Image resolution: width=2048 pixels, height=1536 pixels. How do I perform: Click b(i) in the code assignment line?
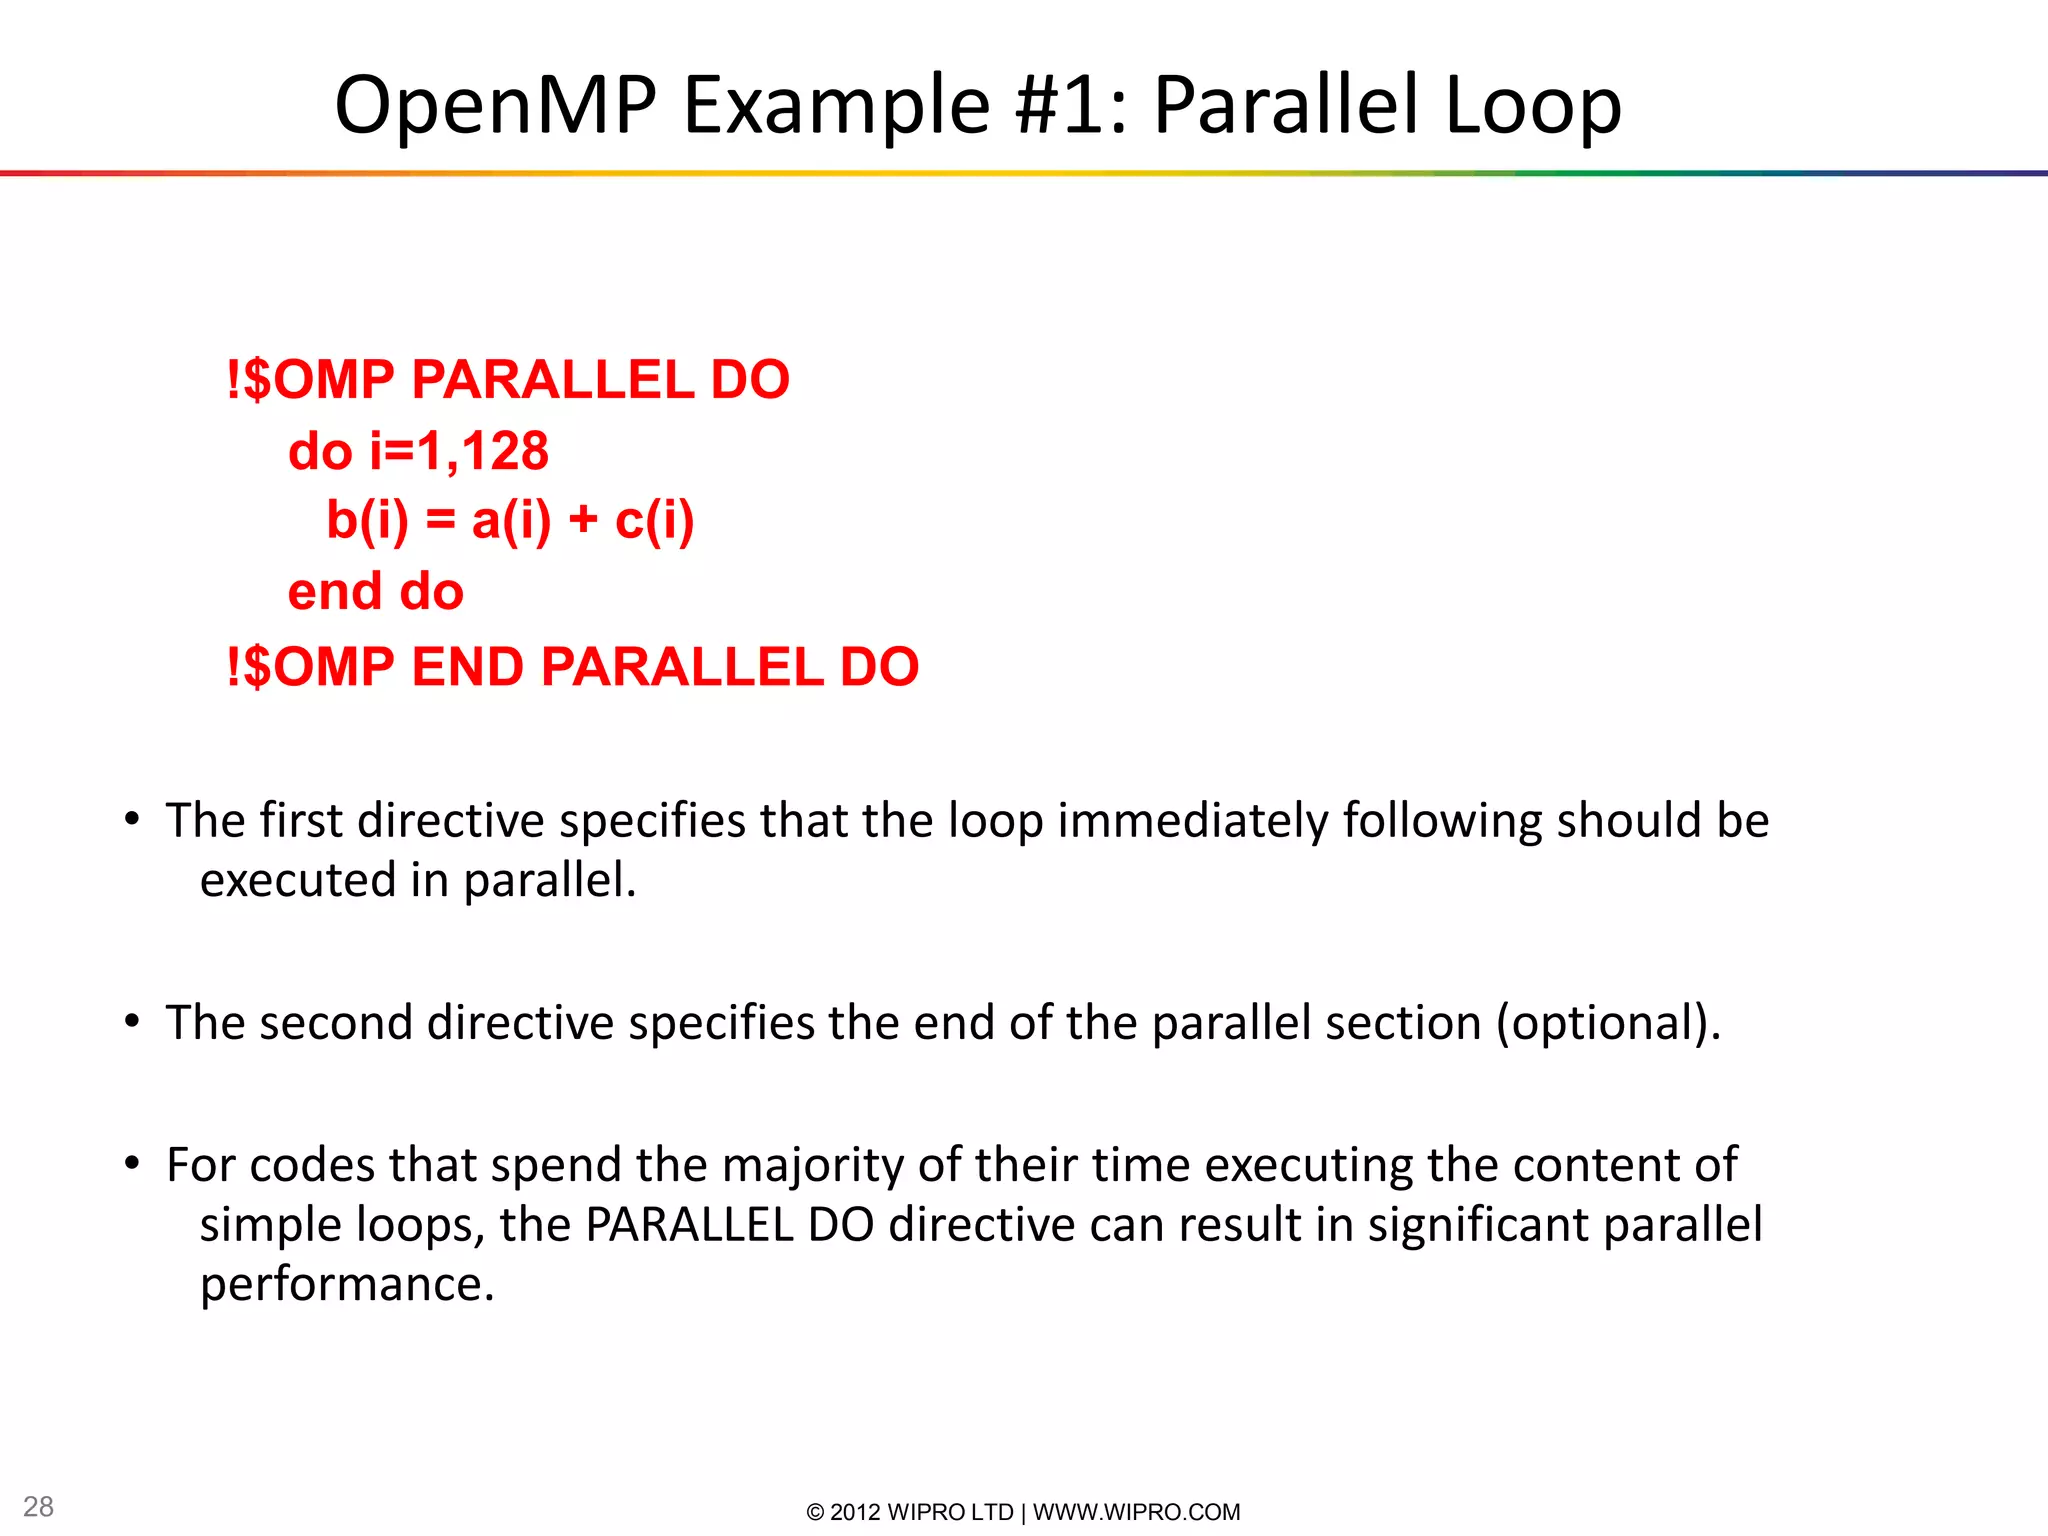[367, 520]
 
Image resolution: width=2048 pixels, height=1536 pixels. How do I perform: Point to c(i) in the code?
[654, 520]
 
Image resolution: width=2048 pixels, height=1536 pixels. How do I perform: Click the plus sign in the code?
[583, 521]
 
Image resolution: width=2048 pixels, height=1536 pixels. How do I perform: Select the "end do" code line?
[375, 591]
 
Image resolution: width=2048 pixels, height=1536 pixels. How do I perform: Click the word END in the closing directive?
[467, 667]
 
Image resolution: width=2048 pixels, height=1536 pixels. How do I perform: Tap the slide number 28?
[38, 1506]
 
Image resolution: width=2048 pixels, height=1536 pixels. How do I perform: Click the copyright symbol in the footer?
[815, 1512]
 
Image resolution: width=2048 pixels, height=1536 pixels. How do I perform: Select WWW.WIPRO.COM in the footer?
[1136, 1512]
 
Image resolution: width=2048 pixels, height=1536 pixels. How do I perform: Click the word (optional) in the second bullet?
[1608, 1023]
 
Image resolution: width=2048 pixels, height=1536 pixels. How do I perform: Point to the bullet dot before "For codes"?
[132, 1164]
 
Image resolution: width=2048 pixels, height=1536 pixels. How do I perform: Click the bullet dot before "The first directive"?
[132, 820]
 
